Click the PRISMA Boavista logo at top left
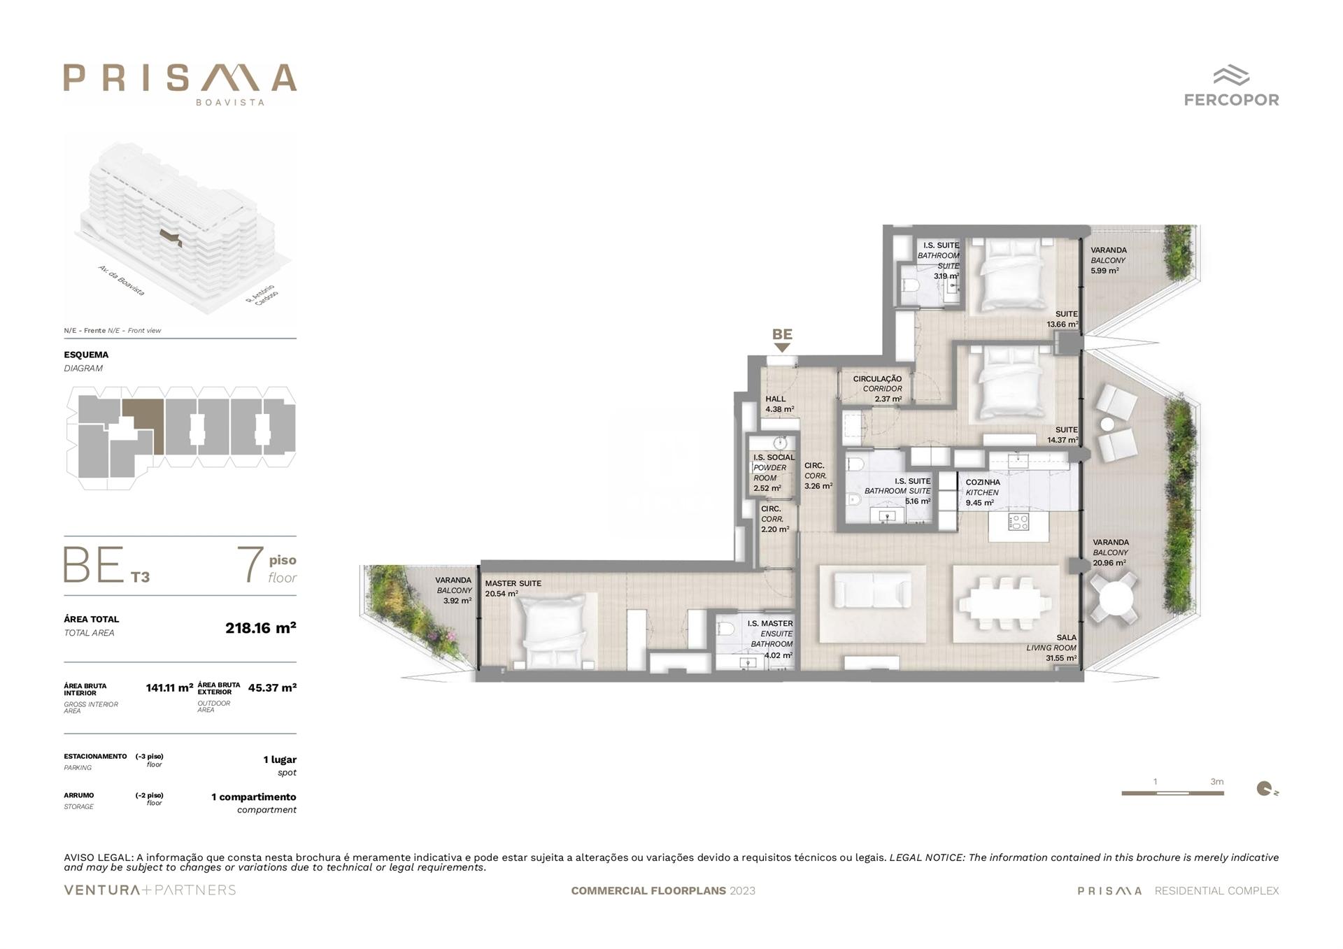pos(180,83)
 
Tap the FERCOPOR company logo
pos(1231,86)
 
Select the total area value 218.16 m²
pos(260,627)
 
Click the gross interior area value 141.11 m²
pos(169,687)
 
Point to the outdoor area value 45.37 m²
pos(272,687)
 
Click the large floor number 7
pos(250,565)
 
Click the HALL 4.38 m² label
pos(779,404)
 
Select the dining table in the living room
pos(1005,604)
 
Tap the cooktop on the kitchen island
pos(1018,521)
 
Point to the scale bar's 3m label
pos(1217,782)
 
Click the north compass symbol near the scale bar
pos(1264,789)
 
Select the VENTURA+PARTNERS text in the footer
pos(150,890)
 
